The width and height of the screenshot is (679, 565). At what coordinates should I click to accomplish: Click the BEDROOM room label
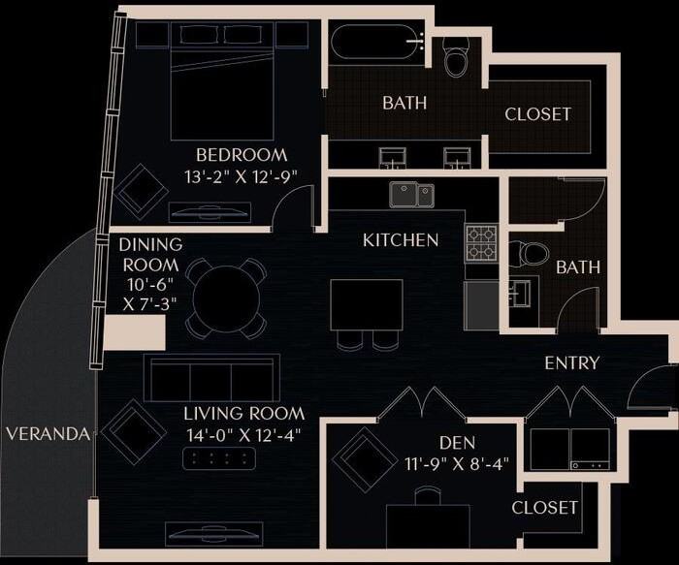(x=242, y=155)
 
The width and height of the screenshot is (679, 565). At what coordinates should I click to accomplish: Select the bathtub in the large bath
(x=379, y=44)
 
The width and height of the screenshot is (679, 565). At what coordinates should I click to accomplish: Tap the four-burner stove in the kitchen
(x=481, y=243)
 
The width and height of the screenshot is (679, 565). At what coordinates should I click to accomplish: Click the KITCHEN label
(x=401, y=239)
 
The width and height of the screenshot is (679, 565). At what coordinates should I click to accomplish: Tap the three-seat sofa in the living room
(x=211, y=377)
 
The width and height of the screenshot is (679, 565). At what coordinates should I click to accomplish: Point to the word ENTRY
(x=571, y=363)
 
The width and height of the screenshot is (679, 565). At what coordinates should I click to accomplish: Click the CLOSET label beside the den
(x=545, y=508)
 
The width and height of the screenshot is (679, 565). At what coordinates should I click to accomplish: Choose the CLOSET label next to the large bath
(x=538, y=114)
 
